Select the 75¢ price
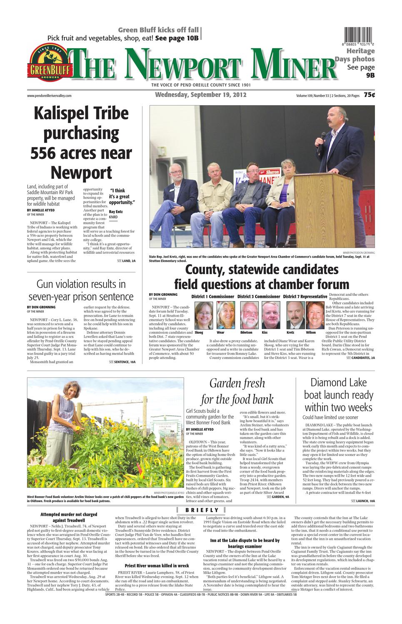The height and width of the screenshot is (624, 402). click(369, 95)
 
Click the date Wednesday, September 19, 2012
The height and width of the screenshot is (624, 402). click(200, 95)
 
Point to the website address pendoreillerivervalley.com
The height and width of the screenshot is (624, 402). click(49, 96)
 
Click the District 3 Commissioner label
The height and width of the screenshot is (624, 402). click(259, 297)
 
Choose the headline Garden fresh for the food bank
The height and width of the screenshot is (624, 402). click(237, 391)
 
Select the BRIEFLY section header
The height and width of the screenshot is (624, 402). click(202, 510)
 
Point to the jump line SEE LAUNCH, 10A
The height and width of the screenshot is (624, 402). click(362, 501)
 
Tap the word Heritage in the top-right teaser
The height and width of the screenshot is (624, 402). click(361, 51)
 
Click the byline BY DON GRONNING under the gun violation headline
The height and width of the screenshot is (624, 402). click(41, 307)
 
